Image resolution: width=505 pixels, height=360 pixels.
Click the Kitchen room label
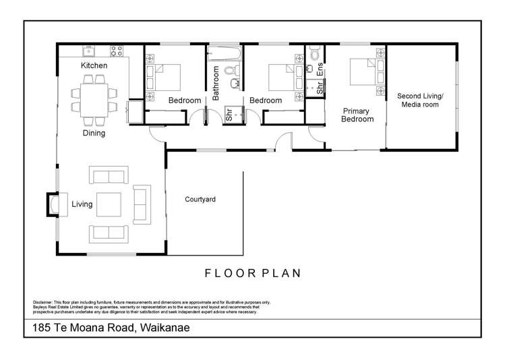click(94, 65)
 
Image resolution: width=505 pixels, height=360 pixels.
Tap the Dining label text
click(94, 133)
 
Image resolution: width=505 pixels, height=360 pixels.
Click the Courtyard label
click(200, 200)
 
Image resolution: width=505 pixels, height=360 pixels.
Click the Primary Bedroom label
click(357, 115)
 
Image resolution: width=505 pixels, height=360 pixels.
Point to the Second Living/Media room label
click(419, 100)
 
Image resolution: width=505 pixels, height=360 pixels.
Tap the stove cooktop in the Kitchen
click(116, 50)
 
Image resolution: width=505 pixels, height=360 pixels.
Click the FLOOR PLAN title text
click(253, 273)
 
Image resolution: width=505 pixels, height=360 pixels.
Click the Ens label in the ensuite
click(320, 68)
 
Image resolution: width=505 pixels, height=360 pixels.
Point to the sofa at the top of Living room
click(107, 177)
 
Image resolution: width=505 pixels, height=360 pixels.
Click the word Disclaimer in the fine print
click(41, 302)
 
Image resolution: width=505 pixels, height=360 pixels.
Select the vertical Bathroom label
click(216, 84)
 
